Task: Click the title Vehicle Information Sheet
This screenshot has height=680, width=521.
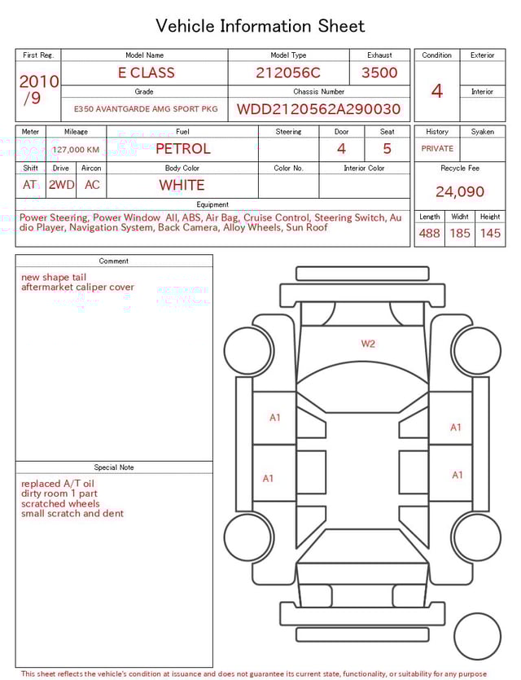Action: (x=260, y=26)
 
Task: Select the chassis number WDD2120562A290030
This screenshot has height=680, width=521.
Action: (x=318, y=109)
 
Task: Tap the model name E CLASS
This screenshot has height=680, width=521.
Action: (x=147, y=72)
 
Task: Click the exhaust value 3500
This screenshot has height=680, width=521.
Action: (x=379, y=72)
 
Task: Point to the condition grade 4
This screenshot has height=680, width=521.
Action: (x=437, y=91)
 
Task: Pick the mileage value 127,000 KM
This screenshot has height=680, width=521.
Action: (x=76, y=150)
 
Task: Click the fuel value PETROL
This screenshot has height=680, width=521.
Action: (x=183, y=148)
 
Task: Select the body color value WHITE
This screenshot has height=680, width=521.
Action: (x=182, y=185)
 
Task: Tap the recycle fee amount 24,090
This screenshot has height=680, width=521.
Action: (x=460, y=192)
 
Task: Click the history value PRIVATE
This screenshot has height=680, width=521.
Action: (x=437, y=149)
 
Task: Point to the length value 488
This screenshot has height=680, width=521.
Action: (x=429, y=234)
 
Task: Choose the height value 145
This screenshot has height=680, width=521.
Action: (x=490, y=234)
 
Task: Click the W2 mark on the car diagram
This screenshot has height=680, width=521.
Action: (x=368, y=344)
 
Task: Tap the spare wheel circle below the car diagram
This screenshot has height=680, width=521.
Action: (x=478, y=636)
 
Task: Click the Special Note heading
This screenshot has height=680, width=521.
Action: (x=114, y=467)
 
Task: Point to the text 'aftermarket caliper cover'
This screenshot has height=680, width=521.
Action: (x=78, y=287)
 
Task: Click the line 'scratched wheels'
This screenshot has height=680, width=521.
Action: (x=60, y=503)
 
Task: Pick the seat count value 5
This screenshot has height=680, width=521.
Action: (x=387, y=148)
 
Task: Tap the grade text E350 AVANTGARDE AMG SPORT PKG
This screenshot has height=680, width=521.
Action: (x=146, y=109)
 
